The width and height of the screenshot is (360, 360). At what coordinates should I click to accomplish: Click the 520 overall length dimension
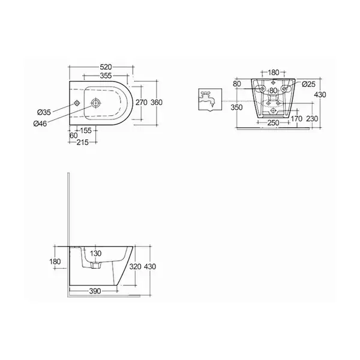click(x=106, y=67)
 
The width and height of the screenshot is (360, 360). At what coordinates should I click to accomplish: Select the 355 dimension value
click(x=106, y=76)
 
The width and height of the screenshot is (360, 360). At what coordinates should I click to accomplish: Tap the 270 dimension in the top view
click(x=141, y=103)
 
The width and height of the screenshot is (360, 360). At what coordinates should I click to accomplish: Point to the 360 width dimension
click(x=157, y=103)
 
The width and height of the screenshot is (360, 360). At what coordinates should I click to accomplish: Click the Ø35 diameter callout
click(x=44, y=112)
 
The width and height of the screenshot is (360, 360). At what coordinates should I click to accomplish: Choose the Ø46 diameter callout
click(x=40, y=124)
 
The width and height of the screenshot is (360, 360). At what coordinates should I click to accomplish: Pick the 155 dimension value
click(x=86, y=130)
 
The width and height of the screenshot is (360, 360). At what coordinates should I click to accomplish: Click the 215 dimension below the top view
click(x=82, y=142)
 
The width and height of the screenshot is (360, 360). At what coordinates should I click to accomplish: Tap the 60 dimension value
click(x=73, y=136)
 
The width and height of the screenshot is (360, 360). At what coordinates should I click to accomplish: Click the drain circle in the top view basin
click(x=96, y=103)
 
